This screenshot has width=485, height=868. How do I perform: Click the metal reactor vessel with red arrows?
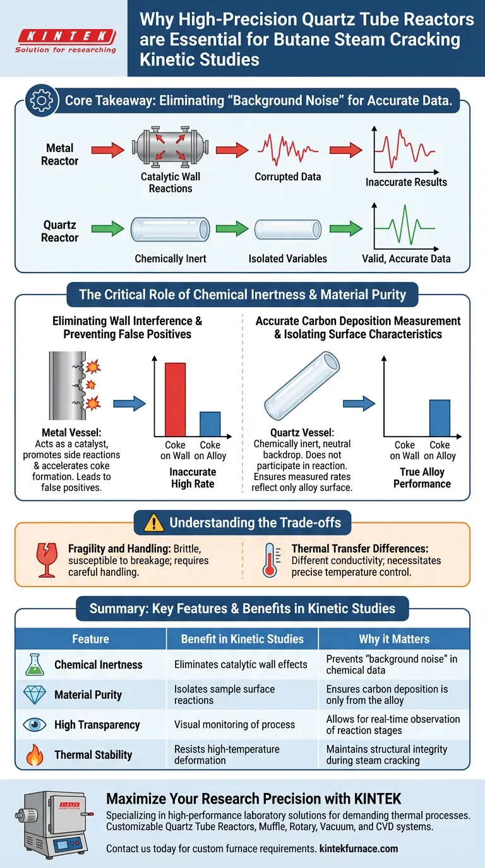pos(171,150)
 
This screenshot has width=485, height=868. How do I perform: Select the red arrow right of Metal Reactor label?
pos(108,150)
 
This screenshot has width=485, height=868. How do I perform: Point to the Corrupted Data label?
pos(287,177)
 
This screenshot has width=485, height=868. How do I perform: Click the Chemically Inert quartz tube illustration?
pos(171,230)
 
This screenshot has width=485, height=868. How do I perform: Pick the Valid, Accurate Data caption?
pos(406,259)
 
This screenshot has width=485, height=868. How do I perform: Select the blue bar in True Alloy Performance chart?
pos(440,418)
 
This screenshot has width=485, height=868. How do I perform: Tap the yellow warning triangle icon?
pos(153,523)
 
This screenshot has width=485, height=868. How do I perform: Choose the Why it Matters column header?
pos(393,639)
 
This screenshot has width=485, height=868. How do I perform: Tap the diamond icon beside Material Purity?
pos(35,695)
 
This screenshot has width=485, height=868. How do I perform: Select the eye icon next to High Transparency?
pos(35,724)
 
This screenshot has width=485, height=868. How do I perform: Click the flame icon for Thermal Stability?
pos(35,754)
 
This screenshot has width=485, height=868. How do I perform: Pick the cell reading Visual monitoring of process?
pos(234,724)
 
